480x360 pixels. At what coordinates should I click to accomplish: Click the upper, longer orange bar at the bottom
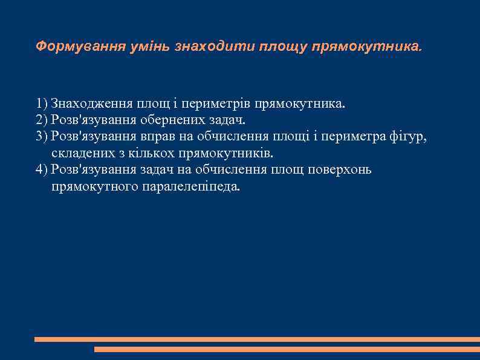pos(257,339)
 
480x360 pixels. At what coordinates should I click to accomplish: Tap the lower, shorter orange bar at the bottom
pos(287,349)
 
